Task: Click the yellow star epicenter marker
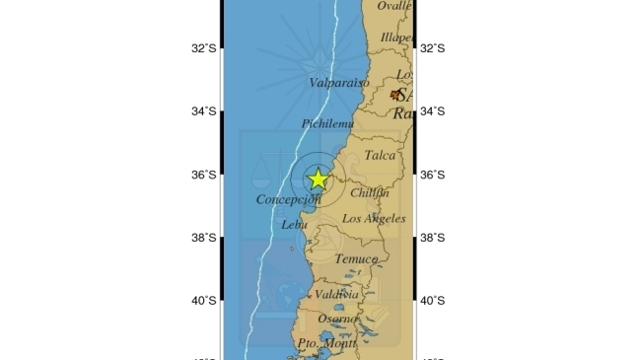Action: point(318,180)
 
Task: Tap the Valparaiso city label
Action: point(339,84)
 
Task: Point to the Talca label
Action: point(380,155)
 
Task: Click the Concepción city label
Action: point(289,200)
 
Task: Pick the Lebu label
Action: point(295,225)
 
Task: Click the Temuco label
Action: point(356,259)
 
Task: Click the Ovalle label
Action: point(393,6)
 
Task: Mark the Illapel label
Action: point(396,37)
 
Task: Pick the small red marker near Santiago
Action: point(396,95)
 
